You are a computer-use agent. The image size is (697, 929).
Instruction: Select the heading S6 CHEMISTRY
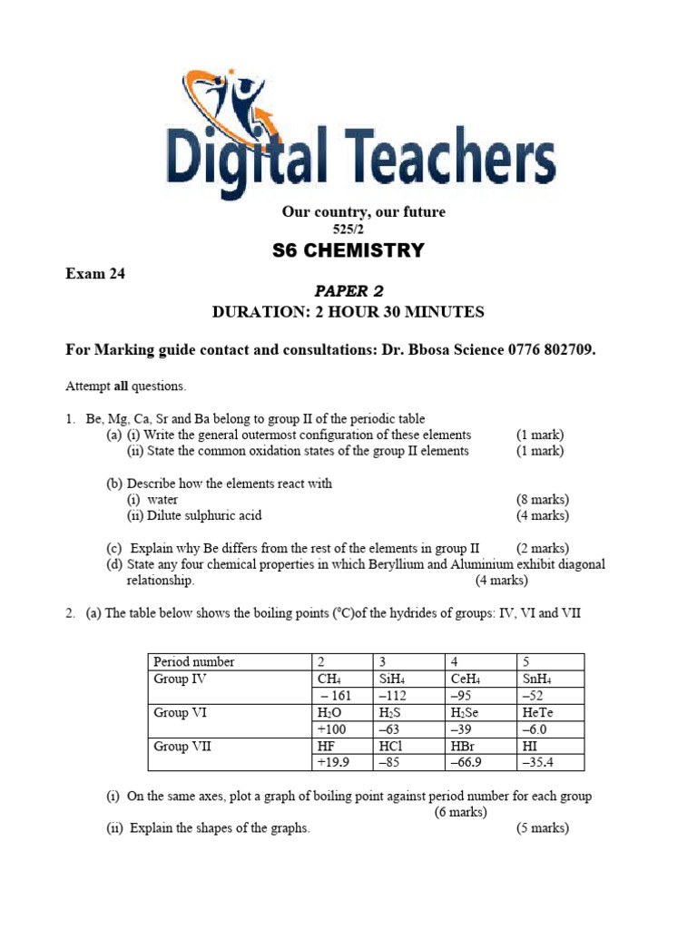(x=348, y=250)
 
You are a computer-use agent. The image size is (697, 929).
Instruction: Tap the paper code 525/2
(x=348, y=230)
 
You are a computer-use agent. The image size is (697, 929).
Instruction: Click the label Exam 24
(x=94, y=274)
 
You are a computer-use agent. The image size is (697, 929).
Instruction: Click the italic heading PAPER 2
(x=348, y=291)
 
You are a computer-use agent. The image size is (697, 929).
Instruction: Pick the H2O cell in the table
(x=329, y=713)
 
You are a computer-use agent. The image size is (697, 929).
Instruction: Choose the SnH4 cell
(x=536, y=680)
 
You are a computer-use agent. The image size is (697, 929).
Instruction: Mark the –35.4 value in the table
(x=537, y=763)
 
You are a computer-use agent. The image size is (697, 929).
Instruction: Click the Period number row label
(x=194, y=662)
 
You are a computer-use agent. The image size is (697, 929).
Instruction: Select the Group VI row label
(x=181, y=713)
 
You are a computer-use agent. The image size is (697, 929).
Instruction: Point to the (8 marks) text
(x=543, y=500)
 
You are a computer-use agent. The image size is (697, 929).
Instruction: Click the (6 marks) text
(x=461, y=812)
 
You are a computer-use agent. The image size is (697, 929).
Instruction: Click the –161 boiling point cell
(x=335, y=696)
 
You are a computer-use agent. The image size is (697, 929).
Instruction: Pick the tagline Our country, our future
(x=363, y=212)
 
